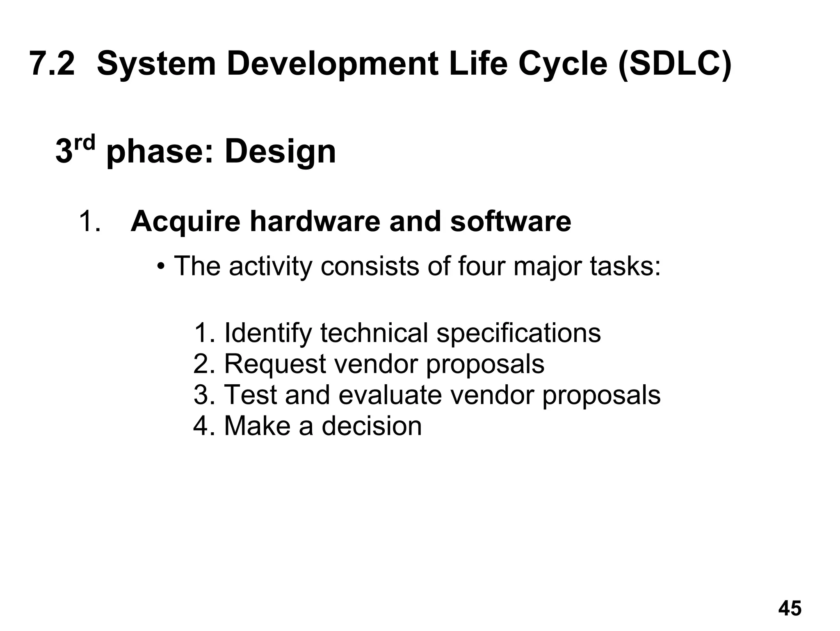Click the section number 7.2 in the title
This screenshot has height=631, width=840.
[x=52, y=64]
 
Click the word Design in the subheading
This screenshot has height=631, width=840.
[x=280, y=151]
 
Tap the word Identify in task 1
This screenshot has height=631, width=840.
[x=268, y=333]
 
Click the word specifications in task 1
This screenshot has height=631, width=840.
[x=518, y=333]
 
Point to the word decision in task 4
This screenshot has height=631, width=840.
[x=372, y=426]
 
